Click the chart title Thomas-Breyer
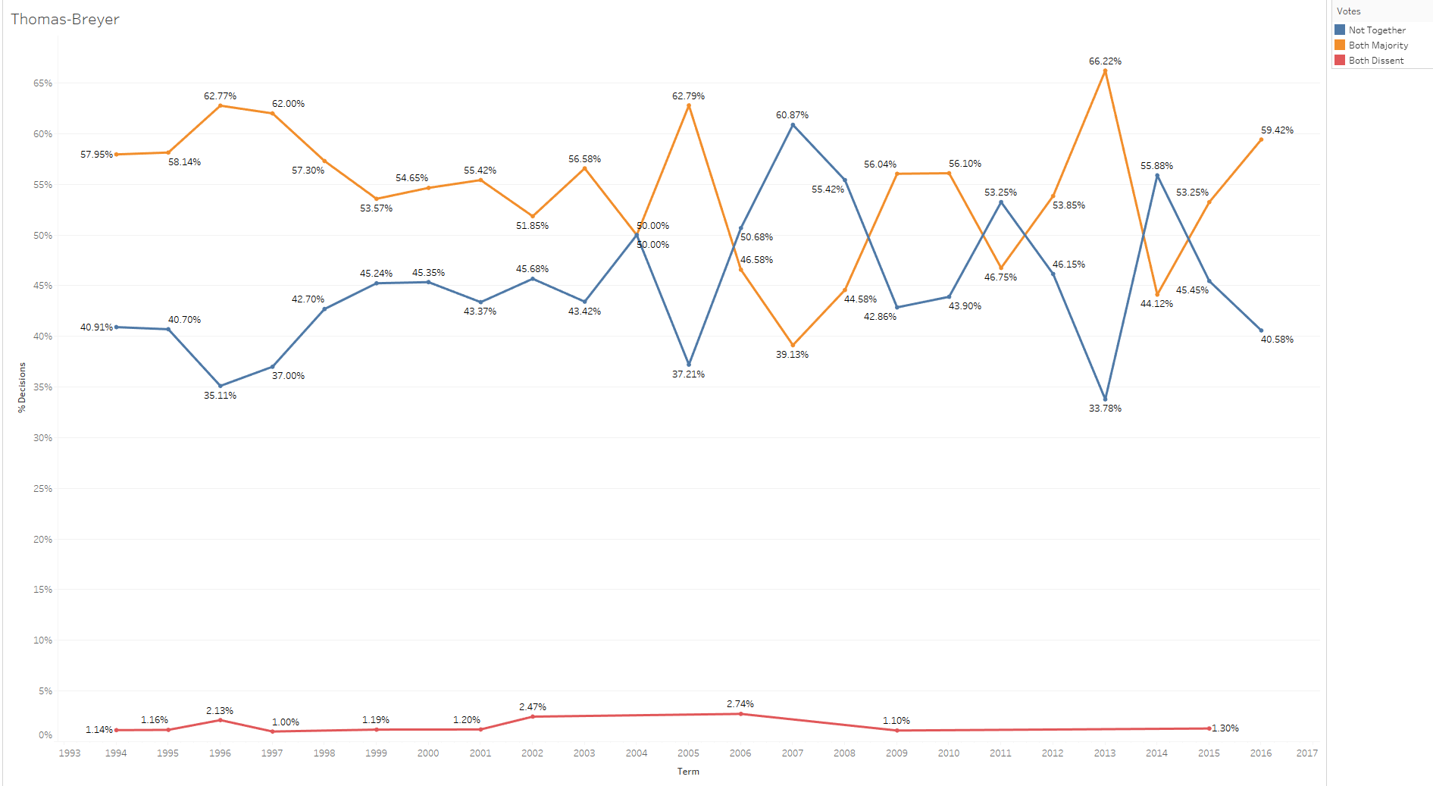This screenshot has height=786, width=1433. pyautogui.click(x=65, y=20)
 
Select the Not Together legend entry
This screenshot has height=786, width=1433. pyautogui.click(x=1376, y=30)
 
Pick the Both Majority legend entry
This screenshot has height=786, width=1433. pyautogui.click(x=1378, y=45)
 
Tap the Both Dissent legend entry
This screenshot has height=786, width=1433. pyautogui.click(x=1375, y=61)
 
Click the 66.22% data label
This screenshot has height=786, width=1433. pyautogui.click(x=1105, y=61)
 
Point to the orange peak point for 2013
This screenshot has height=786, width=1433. pyautogui.click(x=1105, y=71)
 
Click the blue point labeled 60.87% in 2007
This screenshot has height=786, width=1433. pyautogui.click(x=793, y=125)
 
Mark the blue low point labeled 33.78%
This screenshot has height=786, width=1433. pyautogui.click(x=1105, y=399)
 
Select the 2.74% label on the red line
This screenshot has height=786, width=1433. pyautogui.click(x=740, y=704)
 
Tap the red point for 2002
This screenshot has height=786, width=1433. pyautogui.click(x=533, y=716)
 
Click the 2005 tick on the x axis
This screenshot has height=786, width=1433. pyautogui.click(x=688, y=753)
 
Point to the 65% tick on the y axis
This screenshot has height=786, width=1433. pyautogui.click(x=42, y=83)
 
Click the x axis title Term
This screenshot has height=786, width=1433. pyautogui.click(x=688, y=772)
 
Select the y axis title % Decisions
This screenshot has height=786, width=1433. pyautogui.click(x=22, y=387)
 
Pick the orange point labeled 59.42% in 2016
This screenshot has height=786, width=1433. pyautogui.click(x=1261, y=139)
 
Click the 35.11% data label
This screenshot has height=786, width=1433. pyautogui.click(x=220, y=396)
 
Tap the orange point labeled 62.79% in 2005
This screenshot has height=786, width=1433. pyautogui.click(x=688, y=105)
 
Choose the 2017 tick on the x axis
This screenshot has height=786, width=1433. pyautogui.click(x=1306, y=753)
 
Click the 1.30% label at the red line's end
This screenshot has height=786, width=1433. pyautogui.click(x=1225, y=728)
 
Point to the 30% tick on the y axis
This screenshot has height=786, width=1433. pyautogui.click(x=42, y=438)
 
